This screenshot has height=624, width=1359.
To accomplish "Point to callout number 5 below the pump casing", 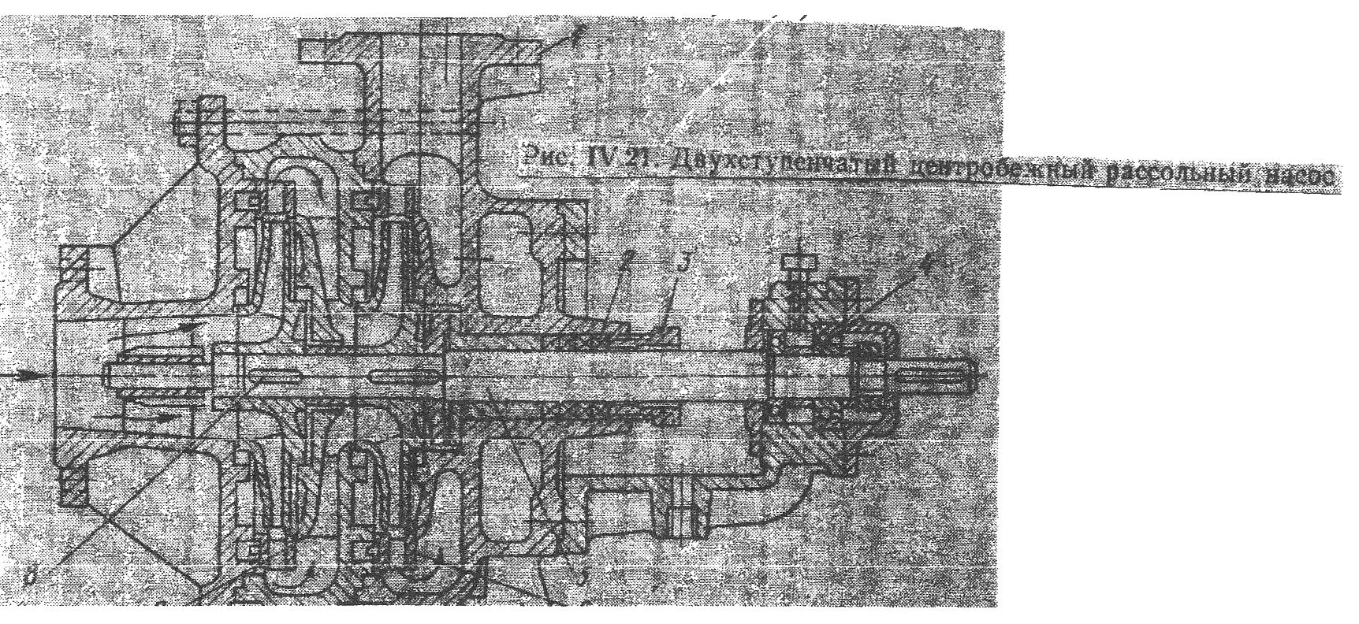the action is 581,579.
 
